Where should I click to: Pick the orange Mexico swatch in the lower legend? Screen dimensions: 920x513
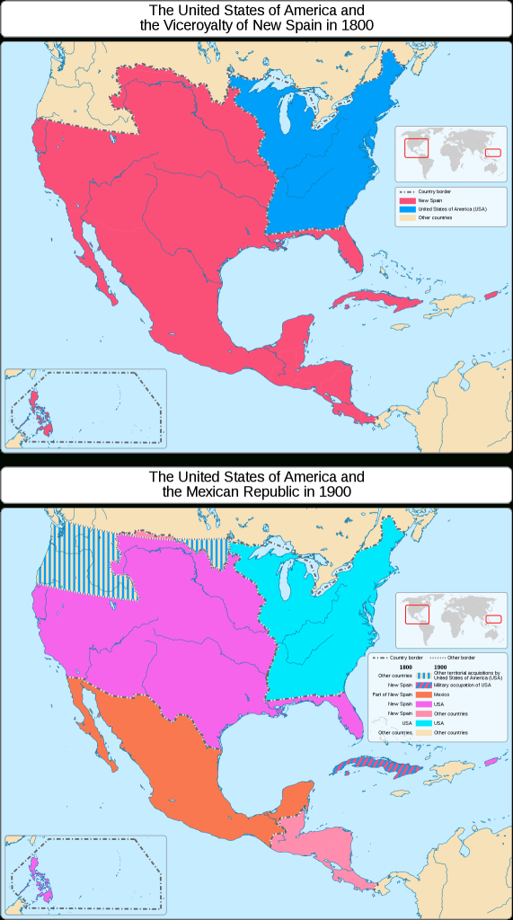(421, 694)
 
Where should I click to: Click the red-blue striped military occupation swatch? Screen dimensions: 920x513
(421, 685)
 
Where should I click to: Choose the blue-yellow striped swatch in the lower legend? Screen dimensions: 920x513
(421, 675)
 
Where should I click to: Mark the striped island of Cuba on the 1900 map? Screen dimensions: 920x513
(367, 766)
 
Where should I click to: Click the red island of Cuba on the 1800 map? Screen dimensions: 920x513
(368, 299)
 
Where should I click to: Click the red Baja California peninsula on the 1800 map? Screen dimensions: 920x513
(93, 265)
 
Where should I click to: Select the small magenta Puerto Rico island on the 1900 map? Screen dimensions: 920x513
(491, 762)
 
